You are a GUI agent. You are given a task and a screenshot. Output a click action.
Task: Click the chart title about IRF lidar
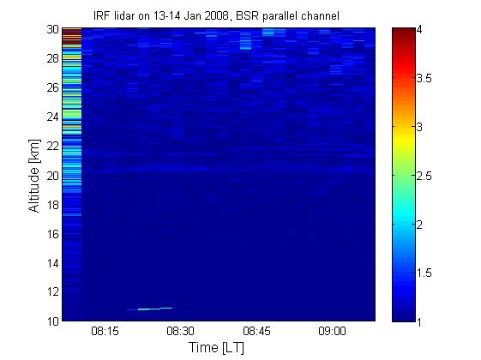tap(216, 15)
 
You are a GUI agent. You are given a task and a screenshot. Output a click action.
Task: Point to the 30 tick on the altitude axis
tap(53, 29)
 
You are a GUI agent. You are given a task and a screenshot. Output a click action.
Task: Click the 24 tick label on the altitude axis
tap(53, 117)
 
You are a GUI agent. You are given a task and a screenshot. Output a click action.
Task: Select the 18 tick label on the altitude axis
tap(53, 205)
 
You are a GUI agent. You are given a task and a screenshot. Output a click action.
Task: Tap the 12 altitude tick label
tap(53, 291)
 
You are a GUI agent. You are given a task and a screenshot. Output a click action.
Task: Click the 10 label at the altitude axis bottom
tap(53, 321)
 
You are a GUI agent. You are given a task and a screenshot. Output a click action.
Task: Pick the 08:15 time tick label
tap(105, 332)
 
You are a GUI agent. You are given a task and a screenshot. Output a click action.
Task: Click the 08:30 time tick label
tap(180, 332)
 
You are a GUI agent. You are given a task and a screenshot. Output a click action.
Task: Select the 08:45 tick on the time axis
tap(256, 332)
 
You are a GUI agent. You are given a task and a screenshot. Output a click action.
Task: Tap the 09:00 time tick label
tap(332, 332)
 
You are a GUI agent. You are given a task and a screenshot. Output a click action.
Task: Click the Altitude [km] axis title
tap(34, 176)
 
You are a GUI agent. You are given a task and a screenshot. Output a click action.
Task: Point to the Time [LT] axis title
tap(216, 348)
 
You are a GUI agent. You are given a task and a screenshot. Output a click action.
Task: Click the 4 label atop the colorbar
tap(419, 30)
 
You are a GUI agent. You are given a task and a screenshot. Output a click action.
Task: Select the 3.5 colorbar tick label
tap(424, 79)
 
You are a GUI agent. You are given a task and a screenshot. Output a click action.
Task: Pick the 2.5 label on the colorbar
tap(424, 177)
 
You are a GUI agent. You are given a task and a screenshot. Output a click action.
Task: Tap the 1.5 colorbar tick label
tap(424, 273)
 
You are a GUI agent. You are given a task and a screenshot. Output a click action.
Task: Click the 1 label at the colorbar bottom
tap(419, 322)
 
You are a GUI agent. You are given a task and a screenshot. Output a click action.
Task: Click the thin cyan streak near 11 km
tap(150, 309)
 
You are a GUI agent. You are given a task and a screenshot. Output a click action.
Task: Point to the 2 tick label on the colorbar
tap(419, 225)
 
